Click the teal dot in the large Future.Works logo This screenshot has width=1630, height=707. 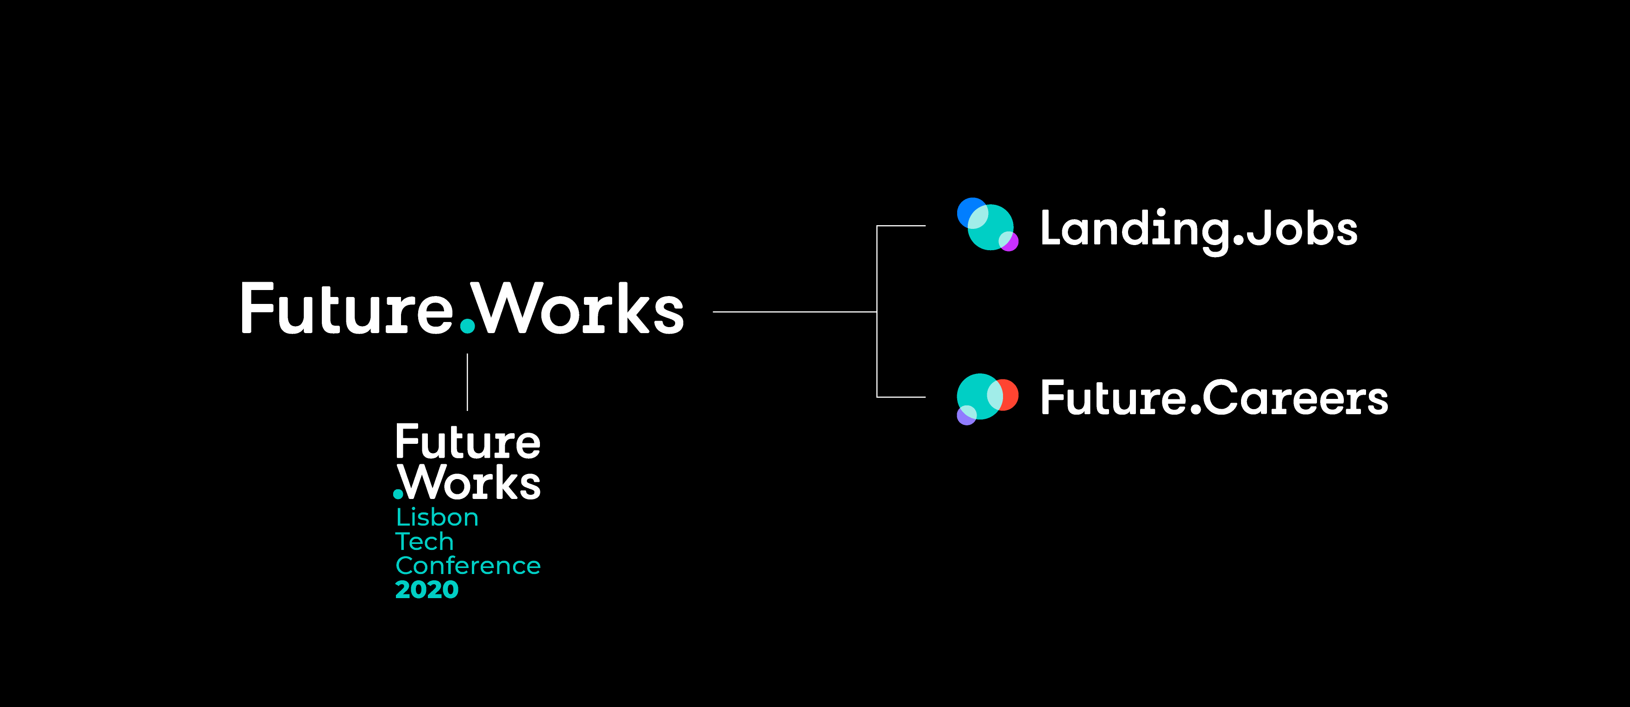pyautogui.click(x=468, y=325)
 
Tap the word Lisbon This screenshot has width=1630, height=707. pyautogui.click(x=437, y=518)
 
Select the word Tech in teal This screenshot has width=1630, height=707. pyautogui.click(x=424, y=542)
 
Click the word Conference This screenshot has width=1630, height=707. pyautogui.click(x=468, y=566)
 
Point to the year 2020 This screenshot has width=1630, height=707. pyautogui.click(x=426, y=590)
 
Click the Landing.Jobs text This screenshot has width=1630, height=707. pyautogui.click(x=1198, y=229)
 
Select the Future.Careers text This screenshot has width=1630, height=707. pyautogui.click(x=1214, y=398)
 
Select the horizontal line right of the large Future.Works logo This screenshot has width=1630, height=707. pyautogui.click(x=794, y=311)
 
